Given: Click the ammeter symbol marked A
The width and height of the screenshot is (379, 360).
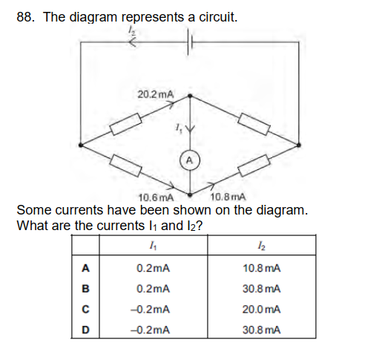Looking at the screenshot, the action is coord(190,161).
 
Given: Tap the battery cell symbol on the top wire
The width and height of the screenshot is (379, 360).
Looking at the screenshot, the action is coord(189,42).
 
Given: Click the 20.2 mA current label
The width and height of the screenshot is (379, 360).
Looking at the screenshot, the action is coord(156,94).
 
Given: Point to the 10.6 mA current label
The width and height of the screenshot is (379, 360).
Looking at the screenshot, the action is coord(156,197).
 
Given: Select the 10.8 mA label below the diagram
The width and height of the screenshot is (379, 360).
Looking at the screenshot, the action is coord(228,197).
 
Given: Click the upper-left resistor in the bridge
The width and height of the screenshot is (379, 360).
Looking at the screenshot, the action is coord(126,124).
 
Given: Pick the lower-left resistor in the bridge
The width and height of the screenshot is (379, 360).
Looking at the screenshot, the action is coord(126,166).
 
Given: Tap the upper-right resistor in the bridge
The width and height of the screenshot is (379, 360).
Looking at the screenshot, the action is coord(254,124).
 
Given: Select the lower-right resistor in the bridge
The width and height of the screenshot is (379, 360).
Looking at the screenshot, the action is coord(254,166).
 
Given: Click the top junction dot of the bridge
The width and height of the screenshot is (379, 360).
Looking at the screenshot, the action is coord(190,96).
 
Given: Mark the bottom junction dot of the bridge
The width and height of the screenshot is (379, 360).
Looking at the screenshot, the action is coord(190,194).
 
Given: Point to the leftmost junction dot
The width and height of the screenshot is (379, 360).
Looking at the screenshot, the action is coord(81,145).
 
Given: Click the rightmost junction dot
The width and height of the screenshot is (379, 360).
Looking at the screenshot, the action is coord(299,145).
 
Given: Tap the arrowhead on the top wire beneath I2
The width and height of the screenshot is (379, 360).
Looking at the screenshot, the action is coord(132,42).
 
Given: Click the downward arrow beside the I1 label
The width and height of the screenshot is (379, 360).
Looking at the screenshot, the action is coord(190,128).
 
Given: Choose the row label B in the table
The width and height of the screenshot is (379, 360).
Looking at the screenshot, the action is coord(85,289).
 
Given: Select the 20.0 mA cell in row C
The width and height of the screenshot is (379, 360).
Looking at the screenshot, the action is coord(261,310).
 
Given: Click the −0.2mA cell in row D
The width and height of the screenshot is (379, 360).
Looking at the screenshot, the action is coord(151,330).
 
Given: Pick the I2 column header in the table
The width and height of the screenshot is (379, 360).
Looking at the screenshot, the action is coord(262,246).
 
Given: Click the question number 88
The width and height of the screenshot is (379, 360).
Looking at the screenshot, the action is coord(25,17).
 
